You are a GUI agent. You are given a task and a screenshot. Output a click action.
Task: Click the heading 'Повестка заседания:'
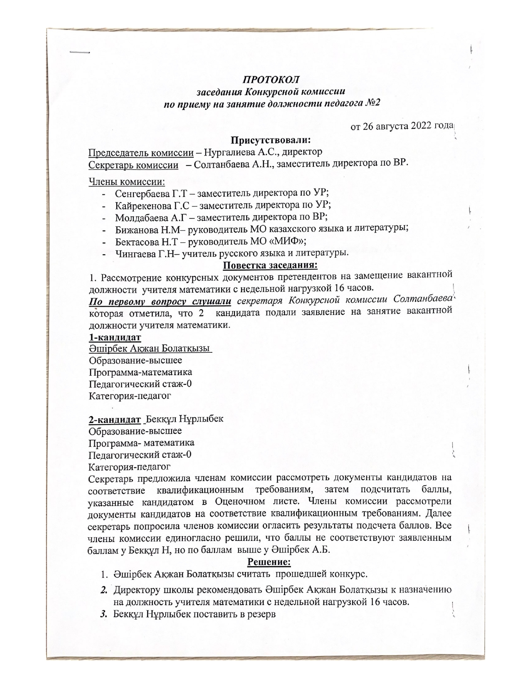[x=270, y=265]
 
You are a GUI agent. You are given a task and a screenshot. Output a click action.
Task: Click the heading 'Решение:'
[x=270, y=562]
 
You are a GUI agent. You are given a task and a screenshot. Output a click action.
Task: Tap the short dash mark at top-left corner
[x=80, y=52]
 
